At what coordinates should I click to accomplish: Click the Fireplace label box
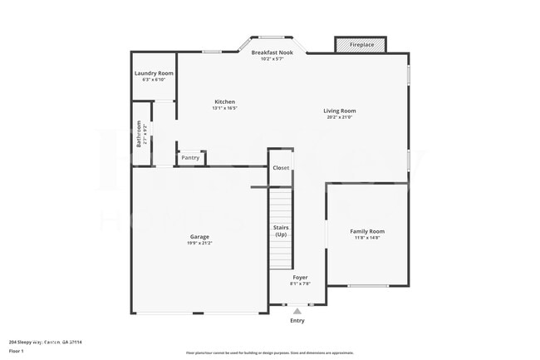361,44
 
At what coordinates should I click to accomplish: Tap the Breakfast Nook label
272,52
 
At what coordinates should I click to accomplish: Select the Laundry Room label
154,73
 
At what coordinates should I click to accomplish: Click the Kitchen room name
224,101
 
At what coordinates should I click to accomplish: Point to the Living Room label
340,111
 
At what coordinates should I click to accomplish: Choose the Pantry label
190,157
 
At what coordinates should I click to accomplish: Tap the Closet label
281,168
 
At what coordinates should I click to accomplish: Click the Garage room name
199,236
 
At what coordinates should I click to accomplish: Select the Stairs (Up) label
281,230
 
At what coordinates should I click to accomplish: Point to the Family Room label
366,231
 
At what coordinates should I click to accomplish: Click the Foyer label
300,277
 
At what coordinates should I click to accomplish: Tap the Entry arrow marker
297,311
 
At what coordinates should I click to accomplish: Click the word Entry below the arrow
297,321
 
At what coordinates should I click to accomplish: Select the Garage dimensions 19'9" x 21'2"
199,243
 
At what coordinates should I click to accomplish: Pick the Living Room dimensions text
340,117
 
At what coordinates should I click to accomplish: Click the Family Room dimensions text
366,238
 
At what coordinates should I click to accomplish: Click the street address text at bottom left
51,342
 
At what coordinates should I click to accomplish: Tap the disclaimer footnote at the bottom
269,353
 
